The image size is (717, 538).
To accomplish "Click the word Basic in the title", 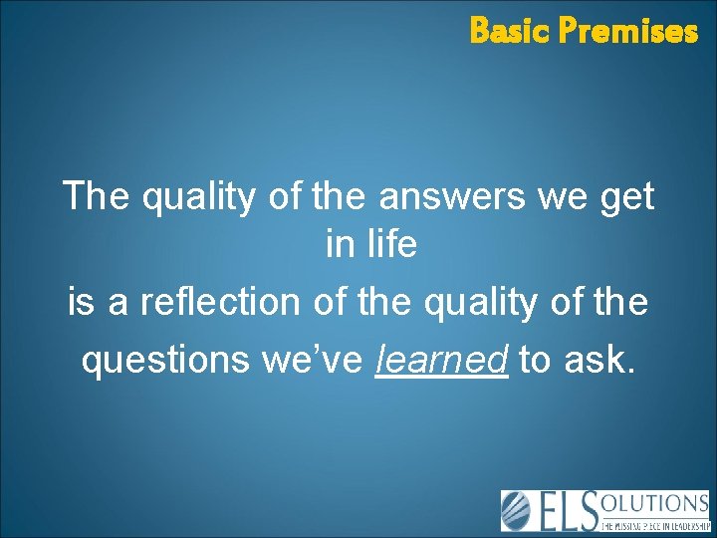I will (x=510, y=32).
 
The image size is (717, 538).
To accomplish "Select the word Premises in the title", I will (x=627, y=32).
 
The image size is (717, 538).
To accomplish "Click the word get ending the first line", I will (x=623, y=198).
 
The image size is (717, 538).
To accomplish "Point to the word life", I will (x=393, y=245).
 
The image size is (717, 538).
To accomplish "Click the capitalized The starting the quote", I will (x=97, y=196).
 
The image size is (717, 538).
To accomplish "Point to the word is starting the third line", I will (x=81, y=302).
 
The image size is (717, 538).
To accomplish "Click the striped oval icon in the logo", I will (x=516, y=509).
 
